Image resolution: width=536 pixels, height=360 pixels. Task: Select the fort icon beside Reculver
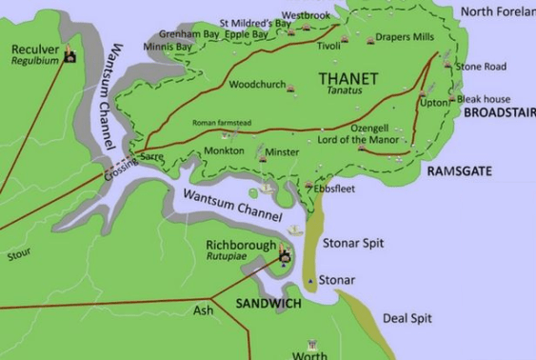tap(70, 58)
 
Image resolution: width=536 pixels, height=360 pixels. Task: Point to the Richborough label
tap(241, 245)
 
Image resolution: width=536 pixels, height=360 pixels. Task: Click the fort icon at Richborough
tap(283, 253)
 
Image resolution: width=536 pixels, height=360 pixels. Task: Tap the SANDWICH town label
tap(268, 303)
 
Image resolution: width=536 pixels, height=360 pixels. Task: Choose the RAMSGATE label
tap(459, 170)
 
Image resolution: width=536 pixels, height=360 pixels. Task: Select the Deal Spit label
tap(407, 318)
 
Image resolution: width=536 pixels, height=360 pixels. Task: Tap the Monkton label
tap(224, 151)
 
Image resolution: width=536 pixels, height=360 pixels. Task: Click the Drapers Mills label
tap(404, 37)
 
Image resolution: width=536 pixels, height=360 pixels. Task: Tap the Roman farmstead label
tap(223, 123)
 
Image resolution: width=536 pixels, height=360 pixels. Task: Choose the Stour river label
tap(18, 254)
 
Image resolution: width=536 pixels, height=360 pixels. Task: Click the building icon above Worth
tap(310, 345)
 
